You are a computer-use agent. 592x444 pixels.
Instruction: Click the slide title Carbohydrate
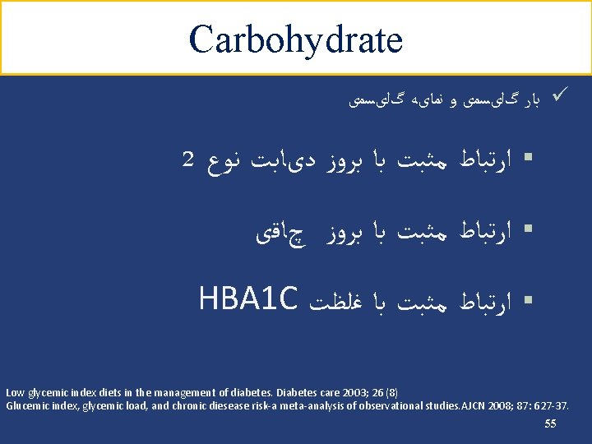pos(295,39)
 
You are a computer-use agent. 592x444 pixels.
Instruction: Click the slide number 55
pos(550,423)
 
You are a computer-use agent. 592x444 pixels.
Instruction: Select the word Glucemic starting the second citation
pos(24,405)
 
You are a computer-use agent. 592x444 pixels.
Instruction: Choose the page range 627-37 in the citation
pos(548,405)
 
